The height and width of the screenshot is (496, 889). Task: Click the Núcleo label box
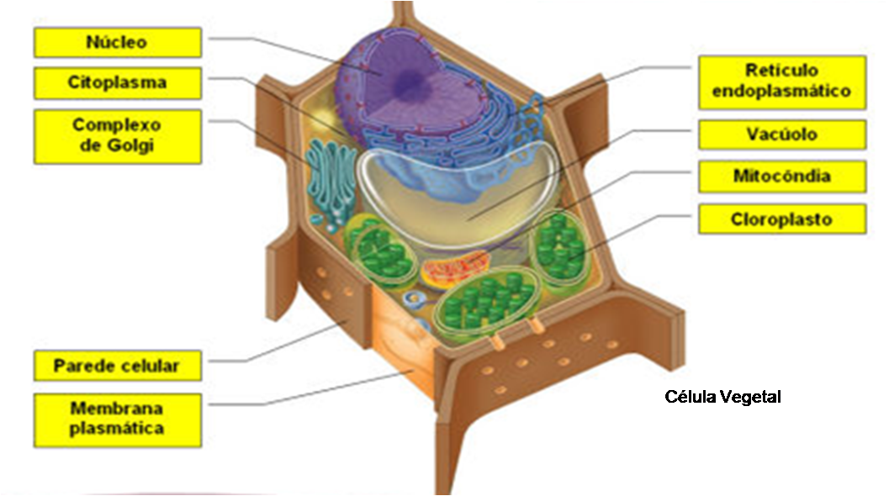(x=118, y=42)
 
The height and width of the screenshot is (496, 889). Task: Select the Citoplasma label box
(x=118, y=83)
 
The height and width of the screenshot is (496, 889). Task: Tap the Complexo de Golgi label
(x=118, y=135)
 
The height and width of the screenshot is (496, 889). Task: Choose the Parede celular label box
(x=118, y=366)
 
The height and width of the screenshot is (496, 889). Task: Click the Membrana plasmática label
(x=118, y=419)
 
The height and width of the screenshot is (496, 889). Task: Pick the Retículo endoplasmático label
(x=781, y=82)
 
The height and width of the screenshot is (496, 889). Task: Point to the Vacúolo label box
(x=781, y=135)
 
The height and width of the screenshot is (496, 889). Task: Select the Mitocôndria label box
(x=781, y=177)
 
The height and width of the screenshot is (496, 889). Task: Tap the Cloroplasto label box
(x=781, y=220)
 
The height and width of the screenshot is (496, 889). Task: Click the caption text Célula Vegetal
(x=722, y=396)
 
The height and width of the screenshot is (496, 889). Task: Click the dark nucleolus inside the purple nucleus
(x=412, y=82)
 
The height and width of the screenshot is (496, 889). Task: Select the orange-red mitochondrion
(x=454, y=271)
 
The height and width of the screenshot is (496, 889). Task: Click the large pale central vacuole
(x=458, y=193)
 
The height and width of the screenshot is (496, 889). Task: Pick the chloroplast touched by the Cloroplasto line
(x=561, y=248)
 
